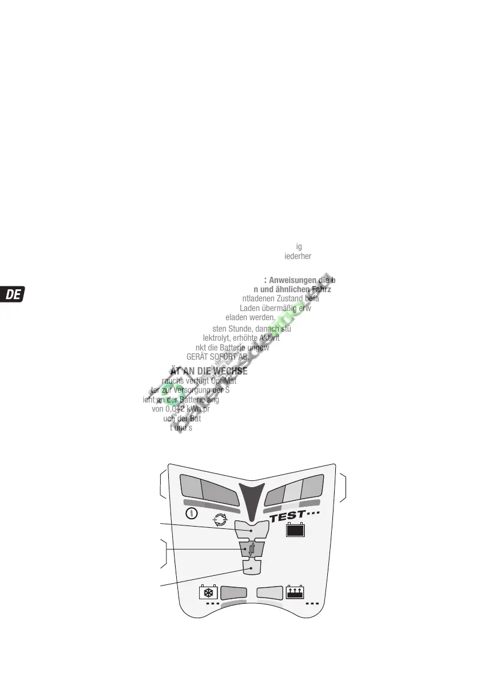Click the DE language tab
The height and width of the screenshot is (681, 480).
click(14, 294)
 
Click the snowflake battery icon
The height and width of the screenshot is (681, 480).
click(208, 592)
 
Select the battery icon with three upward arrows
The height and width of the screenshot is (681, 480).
click(295, 592)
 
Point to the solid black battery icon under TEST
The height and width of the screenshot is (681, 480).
click(295, 531)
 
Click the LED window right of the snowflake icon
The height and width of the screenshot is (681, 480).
click(233, 592)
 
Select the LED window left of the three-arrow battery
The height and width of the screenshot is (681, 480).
click(270, 592)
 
